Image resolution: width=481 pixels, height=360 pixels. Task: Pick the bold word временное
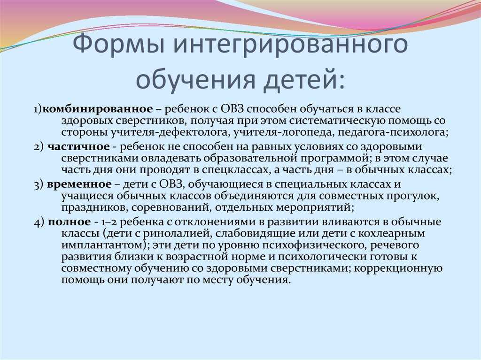point(79,184)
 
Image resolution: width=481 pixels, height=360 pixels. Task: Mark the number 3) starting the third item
point(39,184)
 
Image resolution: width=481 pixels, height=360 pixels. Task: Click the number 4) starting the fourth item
point(39,221)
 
